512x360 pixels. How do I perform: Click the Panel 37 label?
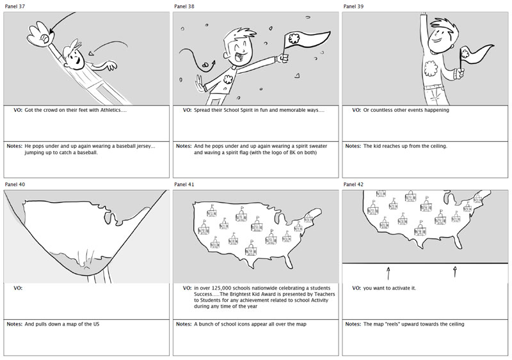[x=15, y=6]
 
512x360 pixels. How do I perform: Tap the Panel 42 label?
[x=353, y=184]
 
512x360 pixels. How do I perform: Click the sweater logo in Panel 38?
[x=227, y=79]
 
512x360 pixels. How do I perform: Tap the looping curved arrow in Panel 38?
[x=197, y=59]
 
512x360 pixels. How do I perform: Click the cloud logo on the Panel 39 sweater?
[x=431, y=69]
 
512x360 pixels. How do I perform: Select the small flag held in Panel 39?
[x=476, y=57]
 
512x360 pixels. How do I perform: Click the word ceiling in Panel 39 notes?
[x=438, y=146]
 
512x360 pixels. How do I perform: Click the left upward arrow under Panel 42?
[x=388, y=274]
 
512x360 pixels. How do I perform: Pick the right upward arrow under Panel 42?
[x=455, y=272]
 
